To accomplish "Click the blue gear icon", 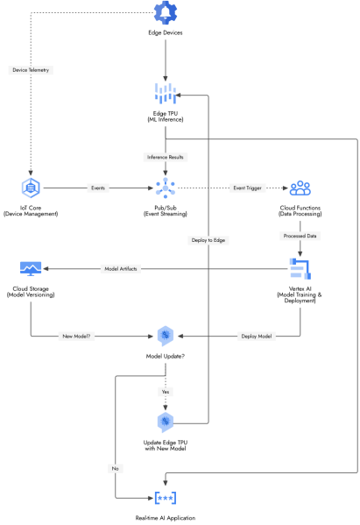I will pos(165,12).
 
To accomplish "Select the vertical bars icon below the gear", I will pos(165,92).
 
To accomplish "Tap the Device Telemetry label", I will pos(31,70).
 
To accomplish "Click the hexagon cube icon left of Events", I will pos(31,188).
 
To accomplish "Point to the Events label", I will pos(98,188).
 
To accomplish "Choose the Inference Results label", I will pos(166,158).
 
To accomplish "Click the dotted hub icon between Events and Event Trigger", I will pos(165,188).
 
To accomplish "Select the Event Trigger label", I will pos(248,188).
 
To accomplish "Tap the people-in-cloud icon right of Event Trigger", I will pos(300,188).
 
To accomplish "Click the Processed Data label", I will pos(300,236).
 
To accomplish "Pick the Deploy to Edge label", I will pos(208,240).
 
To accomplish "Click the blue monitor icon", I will pos(31,268).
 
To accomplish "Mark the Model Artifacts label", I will pos(121,269).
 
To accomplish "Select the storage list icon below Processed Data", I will pos(300,268).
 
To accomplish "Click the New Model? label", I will pos(76,336).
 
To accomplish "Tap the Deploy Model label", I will pos(256,336).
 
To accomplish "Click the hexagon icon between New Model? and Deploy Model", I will pos(165,336).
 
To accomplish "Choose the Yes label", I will pos(166,392).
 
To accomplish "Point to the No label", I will pos(115,469).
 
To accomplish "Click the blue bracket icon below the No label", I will pos(165,498).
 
